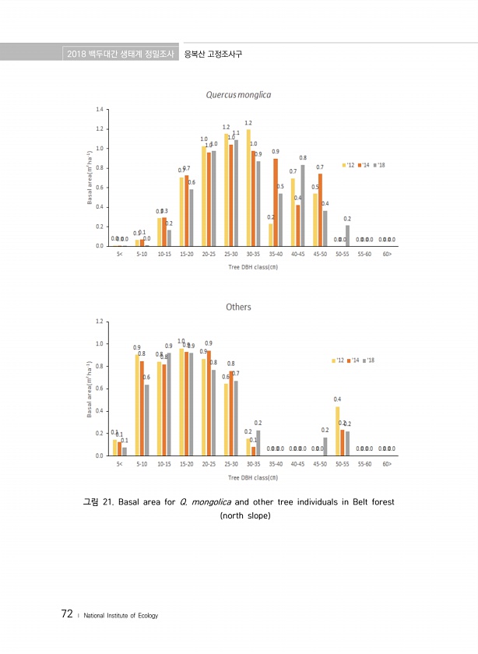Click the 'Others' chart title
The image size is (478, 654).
[238, 307]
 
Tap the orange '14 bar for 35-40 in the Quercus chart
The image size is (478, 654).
[275, 202]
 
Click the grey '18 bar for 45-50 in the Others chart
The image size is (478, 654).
[325, 447]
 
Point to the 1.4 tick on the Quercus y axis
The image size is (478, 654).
[100, 109]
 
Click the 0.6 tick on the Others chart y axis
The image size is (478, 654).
[100, 389]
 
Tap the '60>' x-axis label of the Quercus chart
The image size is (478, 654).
[387, 255]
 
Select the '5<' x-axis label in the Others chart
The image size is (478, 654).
[119, 465]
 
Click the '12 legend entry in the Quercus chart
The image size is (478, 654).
[349, 165]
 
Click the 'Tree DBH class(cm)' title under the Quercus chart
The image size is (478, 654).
[253, 266]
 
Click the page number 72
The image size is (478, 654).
[67, 614]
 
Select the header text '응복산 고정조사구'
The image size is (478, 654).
[213, 54]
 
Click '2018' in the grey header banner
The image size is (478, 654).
[76, 54]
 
